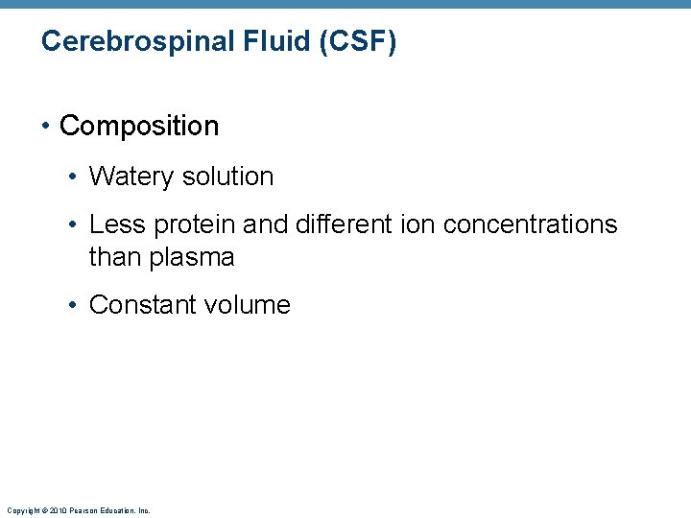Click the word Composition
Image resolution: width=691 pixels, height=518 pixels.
pos(139,126)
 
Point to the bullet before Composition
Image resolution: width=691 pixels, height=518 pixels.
pos(48,126)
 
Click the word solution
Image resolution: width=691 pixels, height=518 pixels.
pos(227,177)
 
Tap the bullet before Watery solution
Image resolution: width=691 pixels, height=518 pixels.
pos(75,177)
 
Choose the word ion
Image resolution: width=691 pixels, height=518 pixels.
pos(410,224)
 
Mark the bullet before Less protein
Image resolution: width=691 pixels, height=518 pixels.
pos(75,225)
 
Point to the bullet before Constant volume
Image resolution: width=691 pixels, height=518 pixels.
pos(75,305)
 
